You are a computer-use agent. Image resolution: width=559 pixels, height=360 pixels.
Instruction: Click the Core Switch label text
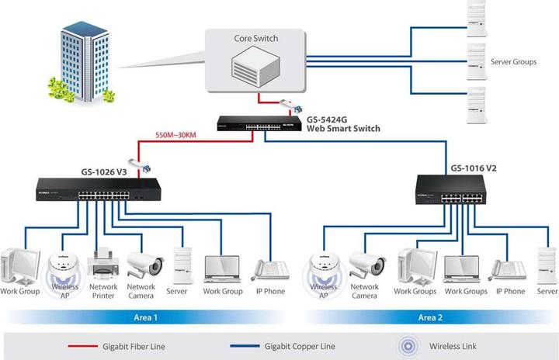click(x=255, y=38)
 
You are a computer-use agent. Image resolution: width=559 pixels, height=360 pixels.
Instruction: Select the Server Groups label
click(x=513, y=62)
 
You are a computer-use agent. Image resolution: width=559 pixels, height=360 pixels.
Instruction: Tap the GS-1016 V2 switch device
click(x=453, y=190)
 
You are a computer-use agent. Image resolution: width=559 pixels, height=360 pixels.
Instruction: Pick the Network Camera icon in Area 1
click(x=144, y=263)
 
